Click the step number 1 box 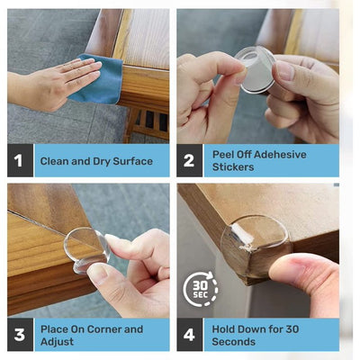point(20,160)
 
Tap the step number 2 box point(189,160)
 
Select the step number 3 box point(20,335)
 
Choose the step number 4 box point(189,335)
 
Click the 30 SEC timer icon point(201,289)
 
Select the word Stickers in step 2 point(233,167)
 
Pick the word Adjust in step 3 point(57,342)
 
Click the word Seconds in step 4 point(234,342)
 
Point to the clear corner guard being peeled point(256,69)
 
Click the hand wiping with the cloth point(54,84)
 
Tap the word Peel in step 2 point(223,155)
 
